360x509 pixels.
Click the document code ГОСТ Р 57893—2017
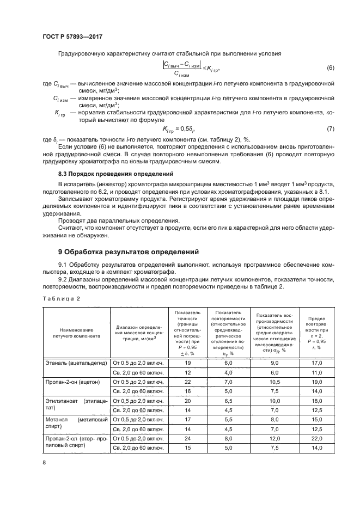(72, 37)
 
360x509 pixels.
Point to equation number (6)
(330, 68)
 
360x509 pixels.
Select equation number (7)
(330, 128)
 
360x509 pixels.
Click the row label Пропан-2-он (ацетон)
(72, 382)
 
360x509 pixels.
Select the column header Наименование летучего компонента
(76, 333)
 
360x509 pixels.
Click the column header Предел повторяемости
(317, 333)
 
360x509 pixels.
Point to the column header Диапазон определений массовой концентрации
(139, 333)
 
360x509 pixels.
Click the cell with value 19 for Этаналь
(188, 362)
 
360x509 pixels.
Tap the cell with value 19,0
(317, 382)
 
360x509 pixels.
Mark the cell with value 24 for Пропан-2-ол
(188, 438)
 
